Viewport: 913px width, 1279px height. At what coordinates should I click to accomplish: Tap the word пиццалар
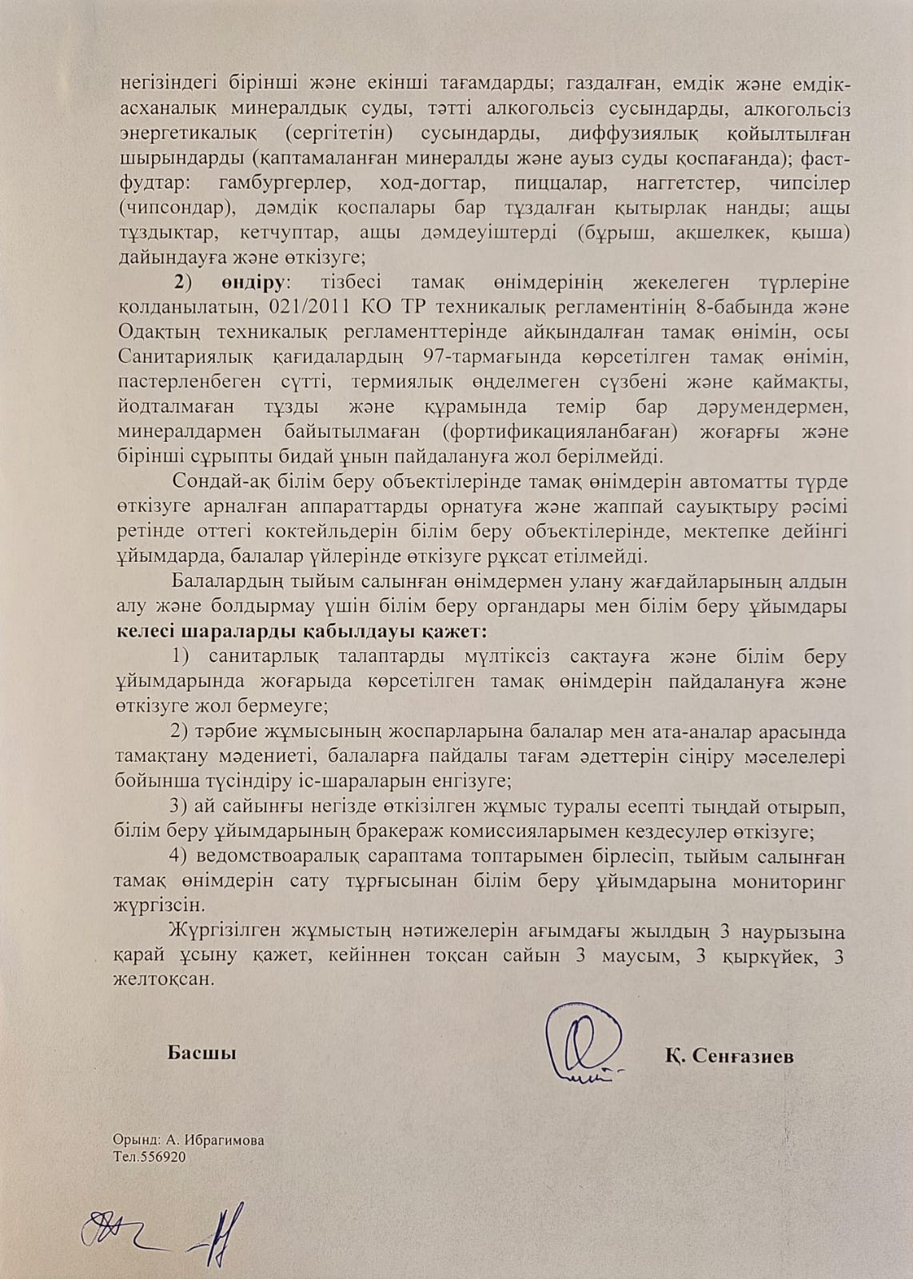coord(544,183)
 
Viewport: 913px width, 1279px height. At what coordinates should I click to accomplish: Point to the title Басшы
coord(201,1053)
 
